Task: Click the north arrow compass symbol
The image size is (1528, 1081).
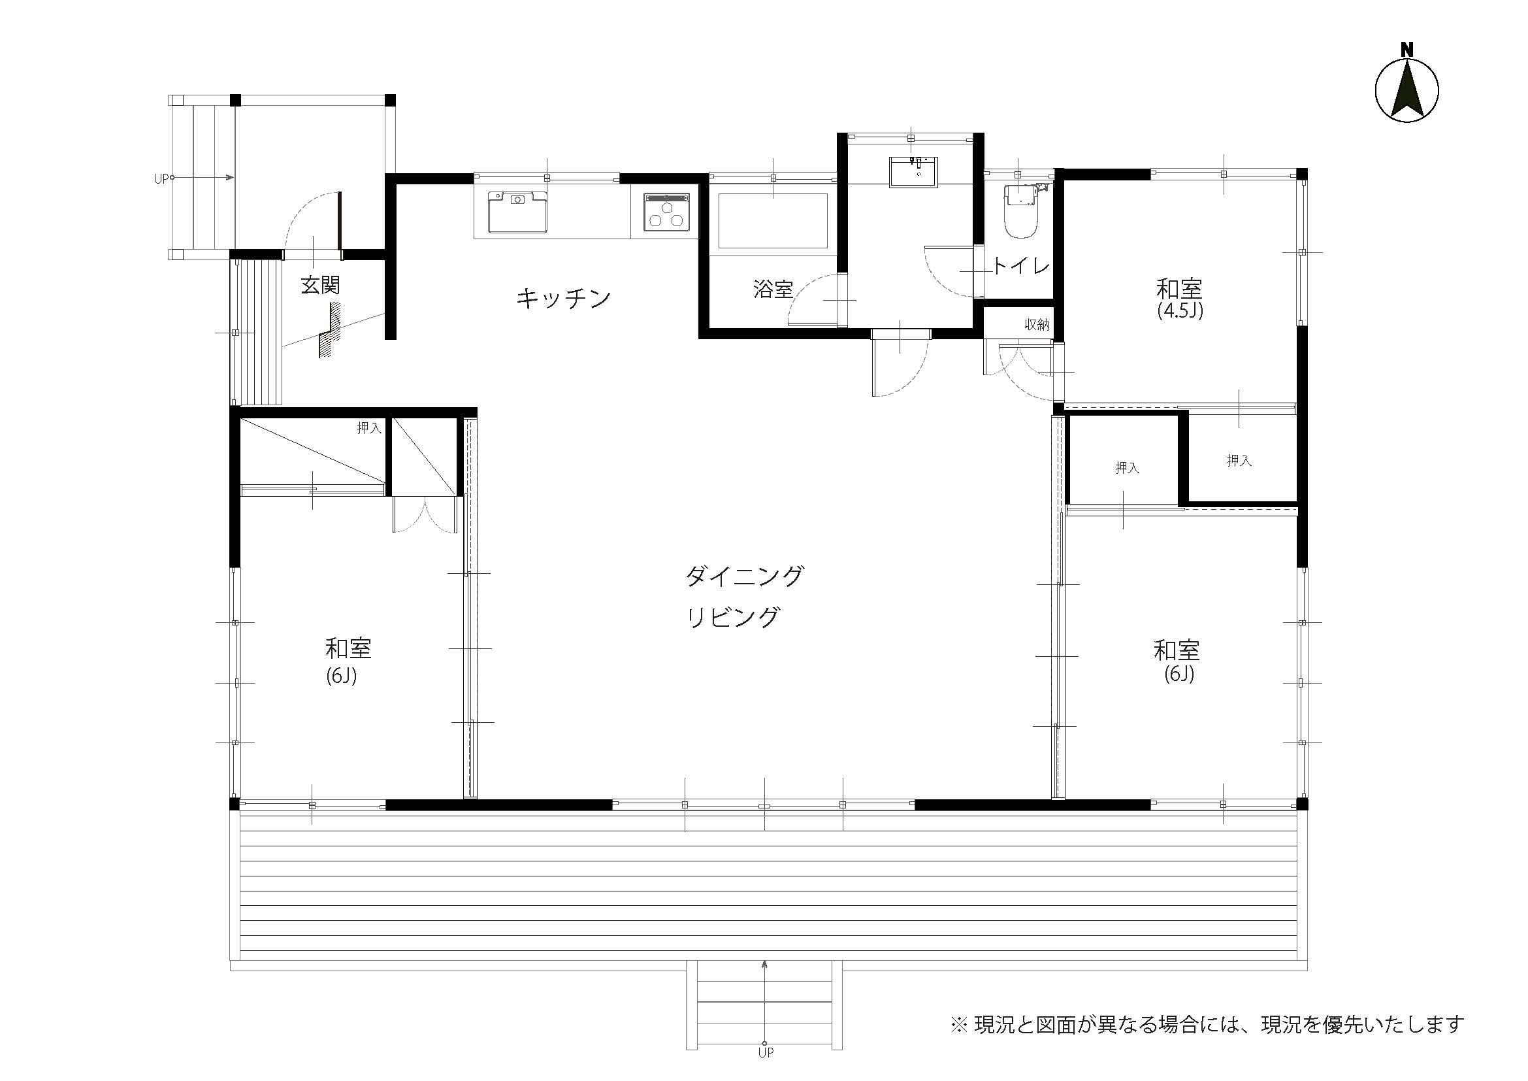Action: [x=1407, y=92]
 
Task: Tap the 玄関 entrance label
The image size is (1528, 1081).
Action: [x=320, y=286]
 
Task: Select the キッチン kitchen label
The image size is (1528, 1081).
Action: [x=563, y=298]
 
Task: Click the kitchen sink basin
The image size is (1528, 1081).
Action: [x=517, y=212]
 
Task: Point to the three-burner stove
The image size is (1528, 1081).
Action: [x=668, y=212]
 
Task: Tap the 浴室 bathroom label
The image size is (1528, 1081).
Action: [x=773, y=290]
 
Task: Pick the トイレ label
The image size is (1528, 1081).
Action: [x=1021, y=267]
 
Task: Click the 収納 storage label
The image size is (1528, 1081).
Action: [x=1037, y=325]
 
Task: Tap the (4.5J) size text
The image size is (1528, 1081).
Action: [x=1180, y=312]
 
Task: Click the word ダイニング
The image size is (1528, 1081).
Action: [x=744, y=576]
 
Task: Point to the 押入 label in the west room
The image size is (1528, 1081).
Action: [x=369, y=428]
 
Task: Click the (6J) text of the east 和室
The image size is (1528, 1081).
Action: [x=1179, y=674]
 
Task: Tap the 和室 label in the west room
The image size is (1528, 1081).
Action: [x=348, y=648]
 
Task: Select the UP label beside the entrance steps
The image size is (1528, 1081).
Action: [x=161, y=178]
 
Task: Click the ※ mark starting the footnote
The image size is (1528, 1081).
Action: [x=958, y=1023]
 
